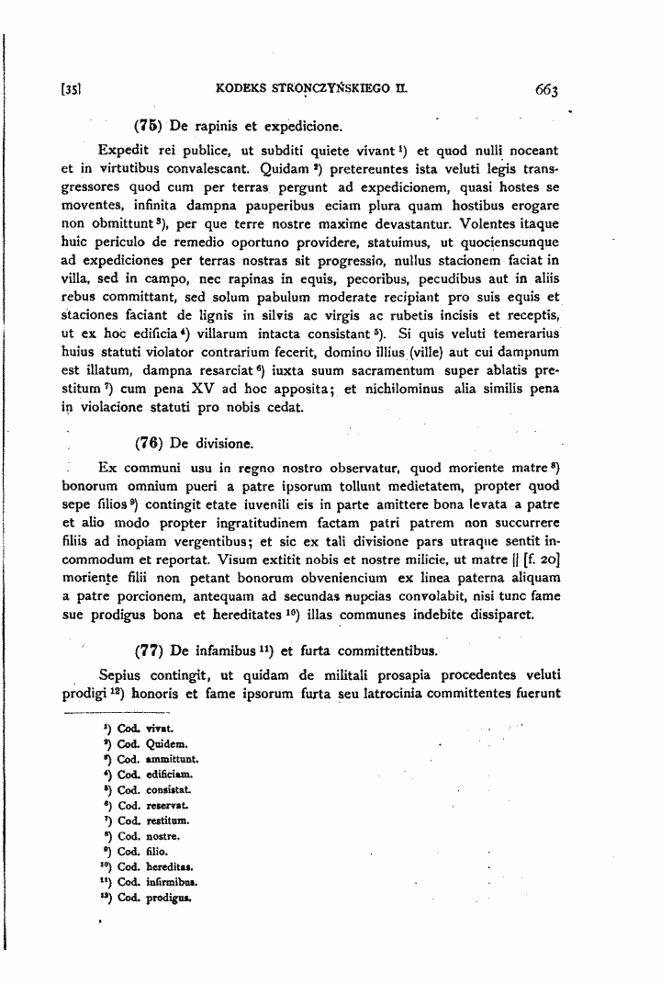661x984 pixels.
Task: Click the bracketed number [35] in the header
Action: point(69,90)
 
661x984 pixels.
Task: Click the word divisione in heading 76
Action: point(221,441)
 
